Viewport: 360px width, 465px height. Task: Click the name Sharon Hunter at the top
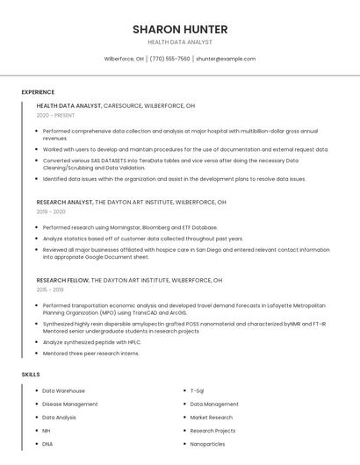180,29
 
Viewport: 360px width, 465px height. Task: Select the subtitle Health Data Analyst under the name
180,42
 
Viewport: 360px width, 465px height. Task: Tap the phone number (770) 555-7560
169,59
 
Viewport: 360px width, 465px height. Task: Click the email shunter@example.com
226,59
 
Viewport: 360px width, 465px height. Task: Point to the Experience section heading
38,92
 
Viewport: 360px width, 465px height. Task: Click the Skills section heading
31,375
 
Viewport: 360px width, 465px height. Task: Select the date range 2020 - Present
55,115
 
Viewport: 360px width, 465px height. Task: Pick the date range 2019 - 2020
51,211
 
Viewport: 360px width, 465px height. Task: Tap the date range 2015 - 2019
50,290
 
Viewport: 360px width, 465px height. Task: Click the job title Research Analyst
64,202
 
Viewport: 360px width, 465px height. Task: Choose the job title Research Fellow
62,280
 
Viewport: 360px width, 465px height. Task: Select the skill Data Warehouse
63,390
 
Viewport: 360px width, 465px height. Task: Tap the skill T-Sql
197,390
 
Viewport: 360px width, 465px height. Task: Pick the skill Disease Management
70,404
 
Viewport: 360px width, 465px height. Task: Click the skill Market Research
211,418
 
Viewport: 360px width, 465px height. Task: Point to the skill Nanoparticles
207,444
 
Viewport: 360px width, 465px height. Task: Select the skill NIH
47,431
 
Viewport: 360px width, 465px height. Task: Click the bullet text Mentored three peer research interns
90,354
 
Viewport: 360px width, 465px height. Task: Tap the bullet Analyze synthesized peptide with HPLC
91,342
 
